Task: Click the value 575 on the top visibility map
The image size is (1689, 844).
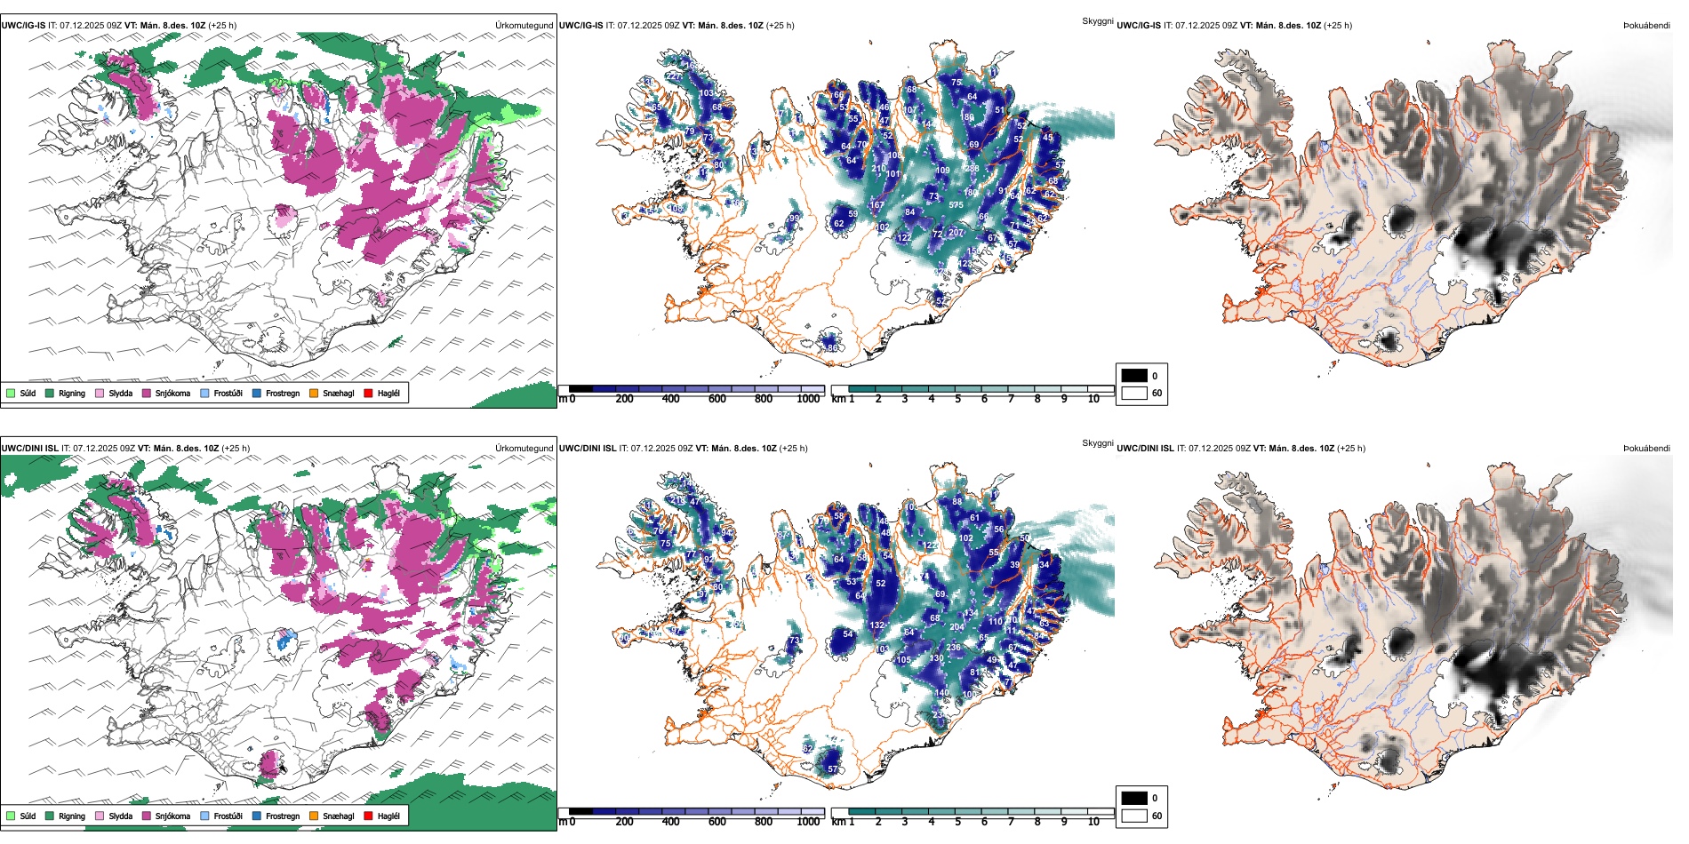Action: pos(956,205)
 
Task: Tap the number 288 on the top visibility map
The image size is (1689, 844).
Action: pos(972,168)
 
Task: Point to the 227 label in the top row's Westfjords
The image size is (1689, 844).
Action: pos(674,76)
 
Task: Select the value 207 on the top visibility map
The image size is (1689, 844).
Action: pos(956,233)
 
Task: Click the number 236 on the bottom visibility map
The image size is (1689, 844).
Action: pos(954,648)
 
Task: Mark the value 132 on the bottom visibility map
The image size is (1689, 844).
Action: pos(877,625)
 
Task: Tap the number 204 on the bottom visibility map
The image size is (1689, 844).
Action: pos(957,627)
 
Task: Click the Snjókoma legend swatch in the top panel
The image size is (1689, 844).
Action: pos(147,393)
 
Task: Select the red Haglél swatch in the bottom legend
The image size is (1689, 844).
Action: pos(368,816)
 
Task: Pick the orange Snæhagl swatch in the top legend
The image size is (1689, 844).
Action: pos(314,393)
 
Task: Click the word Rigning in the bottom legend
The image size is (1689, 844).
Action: pos(72,816)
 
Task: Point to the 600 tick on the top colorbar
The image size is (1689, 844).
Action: pos(717,399)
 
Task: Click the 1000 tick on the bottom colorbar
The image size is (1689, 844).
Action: pos(808,822)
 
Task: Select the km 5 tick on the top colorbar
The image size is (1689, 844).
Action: pos(958,399)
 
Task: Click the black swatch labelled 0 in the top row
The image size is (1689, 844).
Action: pos(1134,375)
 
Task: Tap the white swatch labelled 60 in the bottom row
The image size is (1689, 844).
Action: pos(1134,816)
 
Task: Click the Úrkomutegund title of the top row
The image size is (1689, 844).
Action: pos(524,26)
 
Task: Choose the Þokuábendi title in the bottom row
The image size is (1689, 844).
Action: pos(1646,449)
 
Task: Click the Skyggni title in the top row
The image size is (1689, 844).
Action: pos(1097,21)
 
